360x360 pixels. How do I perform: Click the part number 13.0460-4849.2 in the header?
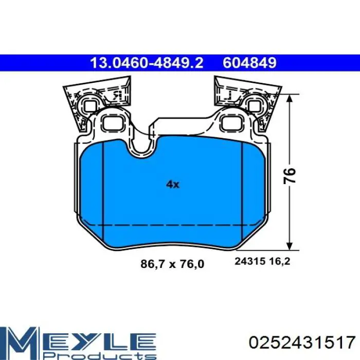coord(147,63)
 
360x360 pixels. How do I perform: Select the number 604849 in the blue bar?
coord(250,63)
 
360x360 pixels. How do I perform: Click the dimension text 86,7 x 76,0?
coord(173,264)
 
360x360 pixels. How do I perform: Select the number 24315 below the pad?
coord(249,262)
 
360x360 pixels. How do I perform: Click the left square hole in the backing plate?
coord(112,122)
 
